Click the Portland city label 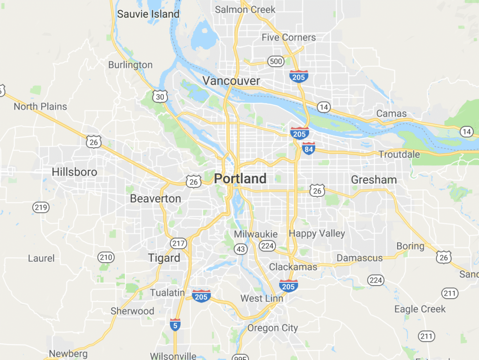tap(240, 179)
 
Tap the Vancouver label tap(231, 81)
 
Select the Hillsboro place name tap(74, 172)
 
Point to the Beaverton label tap(155, 199)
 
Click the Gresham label tap(374, 180)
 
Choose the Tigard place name tap(164, 258)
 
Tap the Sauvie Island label tap(148, 14)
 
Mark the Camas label tap(392, 114)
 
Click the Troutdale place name tap(399, 154)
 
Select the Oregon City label tap(272, 328)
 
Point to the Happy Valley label tap(317, 233)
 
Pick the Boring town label tap(410, 246)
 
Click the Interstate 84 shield tap(308, 148)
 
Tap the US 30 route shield tap(160, 97)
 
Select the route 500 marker tap(276, 61)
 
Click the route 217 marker tap(178, 243)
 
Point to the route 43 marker tap(241, 250)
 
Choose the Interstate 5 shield tap(174, 325)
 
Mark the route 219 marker tap(41, 207)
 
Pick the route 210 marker tap(106, 257)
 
